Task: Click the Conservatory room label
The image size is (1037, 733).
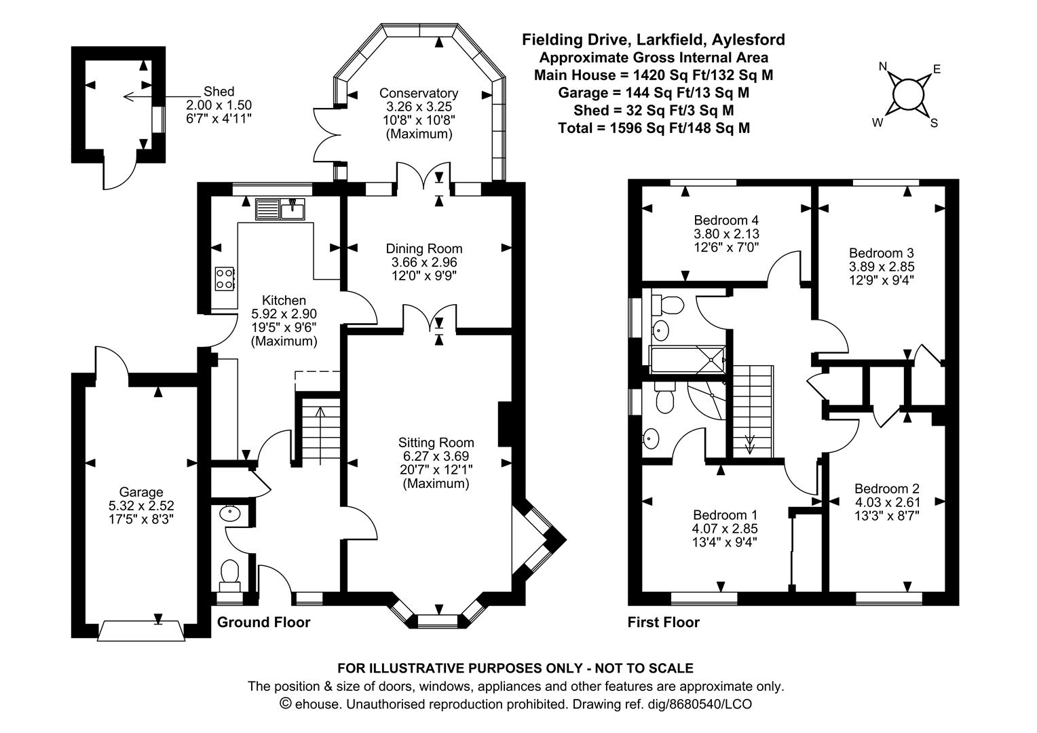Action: point(418,93)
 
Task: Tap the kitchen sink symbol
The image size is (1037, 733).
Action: point(280,208)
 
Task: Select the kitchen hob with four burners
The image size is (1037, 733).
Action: point(225,278)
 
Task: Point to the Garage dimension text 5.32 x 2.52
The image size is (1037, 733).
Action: point(141,506)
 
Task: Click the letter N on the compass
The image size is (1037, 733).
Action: point(883,67)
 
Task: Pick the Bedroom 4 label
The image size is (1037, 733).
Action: point(725,221)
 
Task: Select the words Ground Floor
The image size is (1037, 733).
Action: point(263,622)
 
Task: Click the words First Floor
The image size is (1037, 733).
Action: point(663,622)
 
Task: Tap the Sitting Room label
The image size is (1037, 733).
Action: point(436,443)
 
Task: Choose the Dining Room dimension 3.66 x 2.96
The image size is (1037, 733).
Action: point(424,263)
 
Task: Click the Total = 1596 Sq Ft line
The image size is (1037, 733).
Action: point(654,128)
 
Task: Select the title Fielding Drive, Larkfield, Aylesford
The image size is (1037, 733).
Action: point(653,40)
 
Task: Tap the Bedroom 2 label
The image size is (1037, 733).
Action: point(886,489)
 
